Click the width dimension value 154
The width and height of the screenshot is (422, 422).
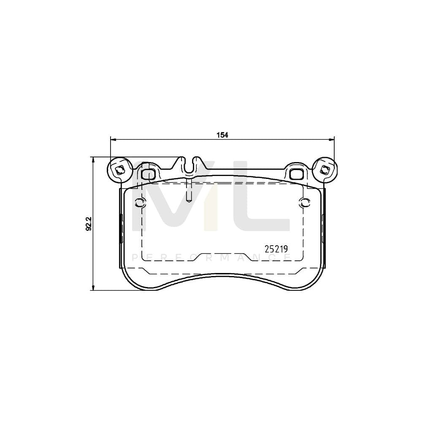[222, 135]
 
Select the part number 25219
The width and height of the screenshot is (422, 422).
[276, 249]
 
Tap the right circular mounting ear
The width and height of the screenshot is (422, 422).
[325, 170]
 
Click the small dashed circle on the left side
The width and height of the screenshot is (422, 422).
[140, 203]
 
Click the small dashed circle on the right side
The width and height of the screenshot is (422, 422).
[302, 203]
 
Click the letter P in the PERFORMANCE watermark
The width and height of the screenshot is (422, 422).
[135, 258]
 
